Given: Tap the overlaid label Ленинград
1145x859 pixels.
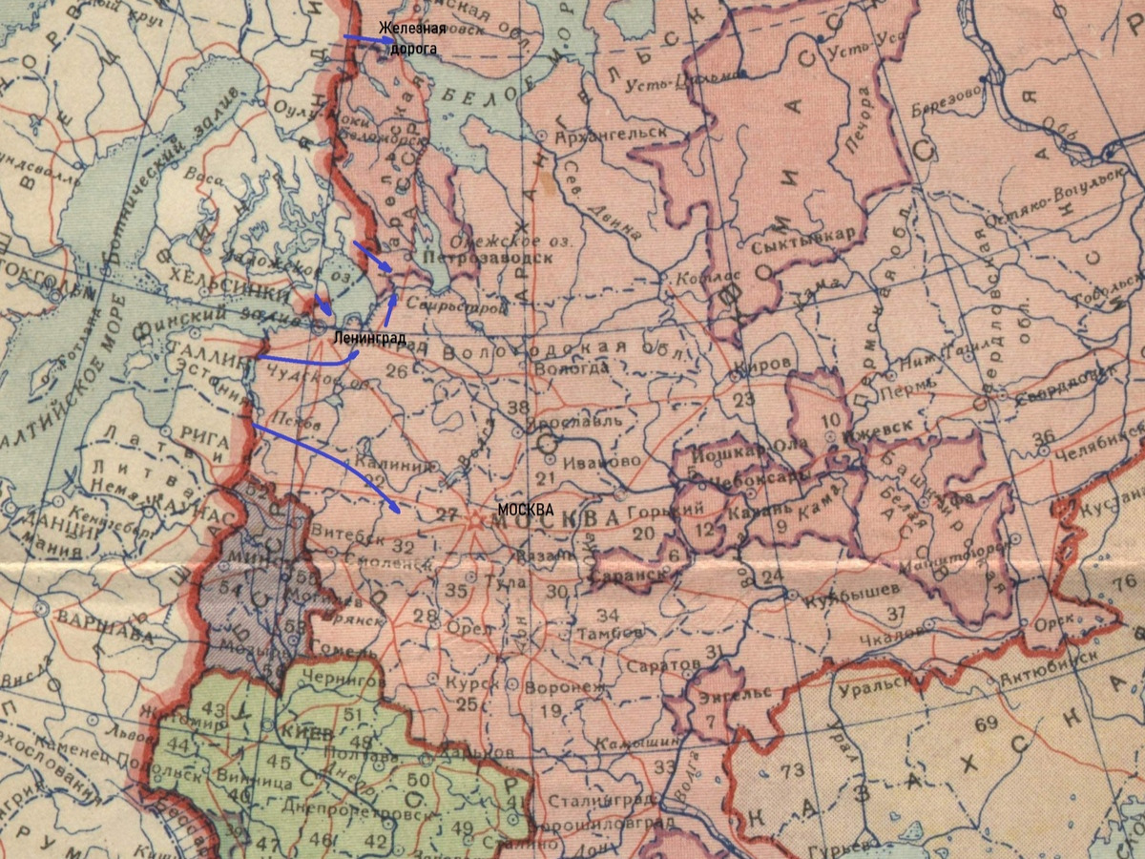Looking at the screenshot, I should pos(369,338).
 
